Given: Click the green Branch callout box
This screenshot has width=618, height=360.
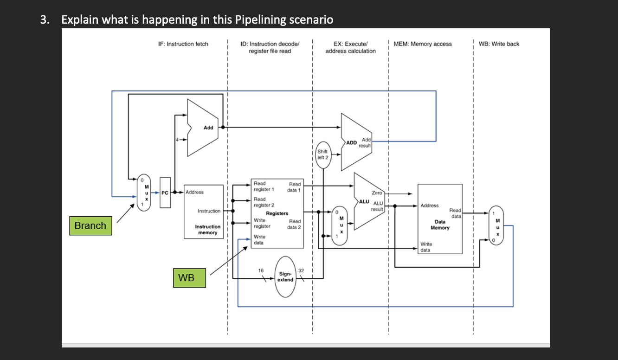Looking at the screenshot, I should tap(90, 225).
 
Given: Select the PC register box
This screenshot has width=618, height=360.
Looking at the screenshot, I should tap(165, 193).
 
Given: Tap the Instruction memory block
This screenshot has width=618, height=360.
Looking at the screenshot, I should tap(203, 212).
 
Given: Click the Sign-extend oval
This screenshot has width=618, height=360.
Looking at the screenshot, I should tap(285, 277).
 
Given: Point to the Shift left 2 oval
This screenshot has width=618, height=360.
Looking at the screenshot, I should tap(322, 154).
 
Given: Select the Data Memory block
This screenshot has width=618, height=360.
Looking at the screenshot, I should tap(440, 219).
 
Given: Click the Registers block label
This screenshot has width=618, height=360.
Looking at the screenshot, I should tap(277, 213).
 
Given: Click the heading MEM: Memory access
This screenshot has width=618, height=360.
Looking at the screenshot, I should tap(422, 44).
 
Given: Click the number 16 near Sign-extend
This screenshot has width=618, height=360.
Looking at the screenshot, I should tap(261, 270).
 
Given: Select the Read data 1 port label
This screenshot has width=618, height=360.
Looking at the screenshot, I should tap(294, 187).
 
